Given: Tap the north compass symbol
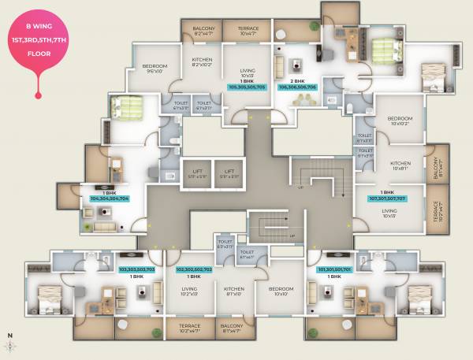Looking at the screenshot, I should (x=10, y=344).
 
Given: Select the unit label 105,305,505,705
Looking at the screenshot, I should (x=248, y=87).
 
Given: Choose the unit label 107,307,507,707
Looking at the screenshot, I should (x=387, y=199).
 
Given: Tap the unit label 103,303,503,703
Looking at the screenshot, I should (x=136, y=269).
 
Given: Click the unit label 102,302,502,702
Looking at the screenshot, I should (x=185, y=269).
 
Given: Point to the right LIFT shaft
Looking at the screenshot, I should (x=229, y=173).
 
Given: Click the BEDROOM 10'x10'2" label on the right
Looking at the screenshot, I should (x=400, y=121).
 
